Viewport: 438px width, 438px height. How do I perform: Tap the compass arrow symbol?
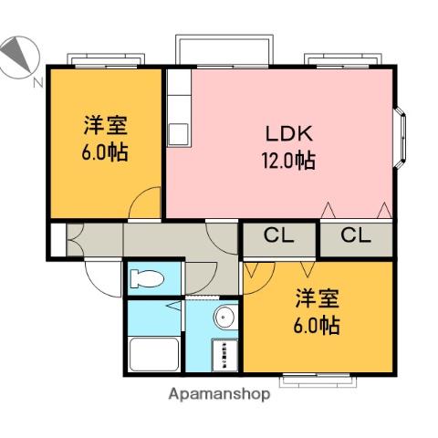pos(16,56)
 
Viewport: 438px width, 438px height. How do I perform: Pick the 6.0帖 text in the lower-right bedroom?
pos(317,325)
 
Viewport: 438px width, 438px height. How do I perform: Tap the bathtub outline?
pos(154,353)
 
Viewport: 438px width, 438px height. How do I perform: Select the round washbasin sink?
pos(224,318)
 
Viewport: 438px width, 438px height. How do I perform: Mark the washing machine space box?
pos(224,354)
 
